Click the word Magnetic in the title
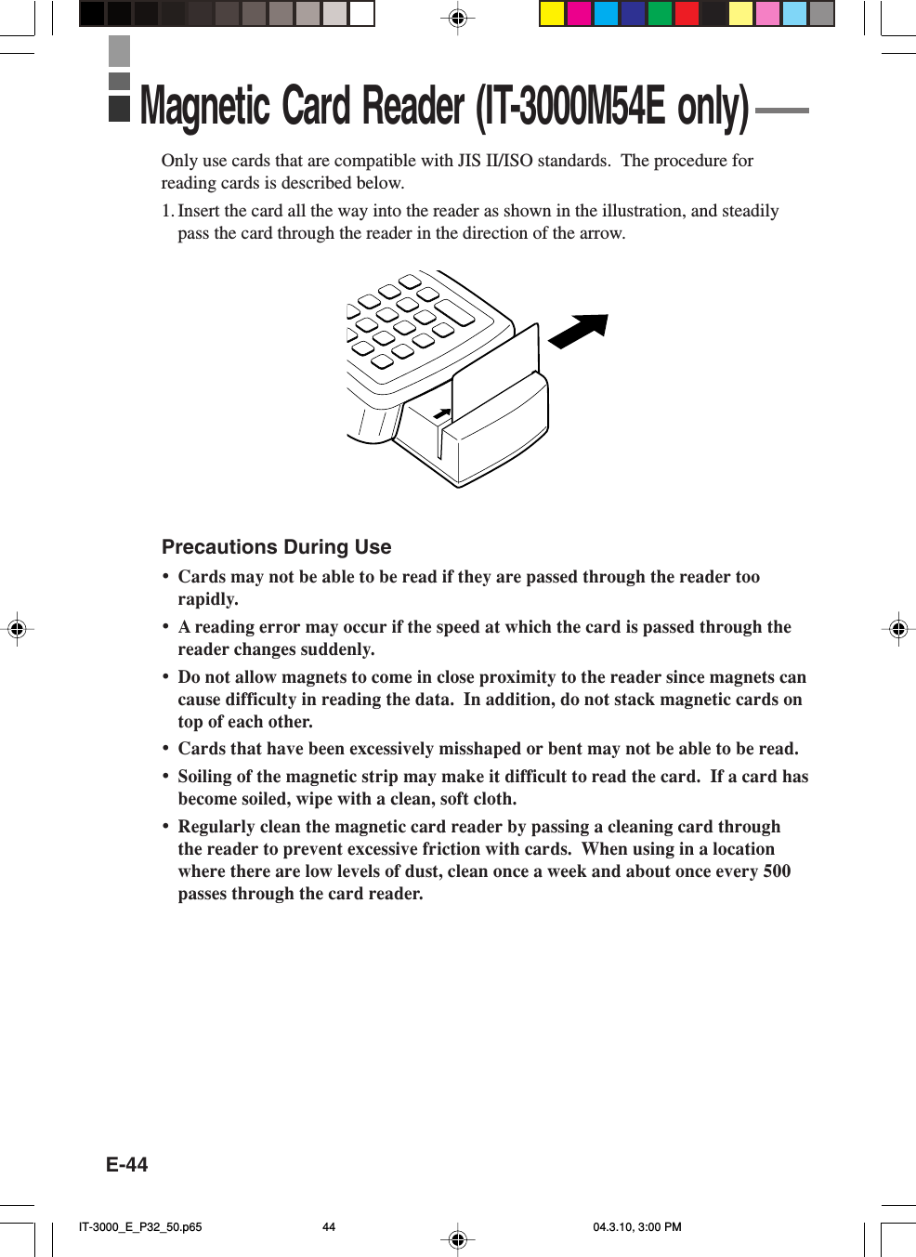pyautogui.click(x=204, y=107)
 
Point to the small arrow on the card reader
pyautogui.click(x=443, y=412)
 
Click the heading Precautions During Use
pyautogui.click(x=276, y=547)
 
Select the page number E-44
pyautogui.click(x=126, y=1165)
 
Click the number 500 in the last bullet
pyautogui.click(x=776, y=871)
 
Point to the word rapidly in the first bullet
pyautogui.click(x=207, y=599)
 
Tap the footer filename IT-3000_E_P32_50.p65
pyautogui.click(x=140, y=1226)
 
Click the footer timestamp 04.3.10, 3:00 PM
pyautogui.click(x=636, y=1226)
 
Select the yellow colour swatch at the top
pyautogui.click(x=552, y=13)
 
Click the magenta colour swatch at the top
pyautogui.click(x=579, y=13)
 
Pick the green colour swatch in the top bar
pyautogui.click(x=660, y=13)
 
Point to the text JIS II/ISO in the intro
pyautogui.click(x=495, y=161)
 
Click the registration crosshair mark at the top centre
pyautogui.click(x=457, y=18)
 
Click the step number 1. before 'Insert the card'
pyautogui.click(x=167, y=211)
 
